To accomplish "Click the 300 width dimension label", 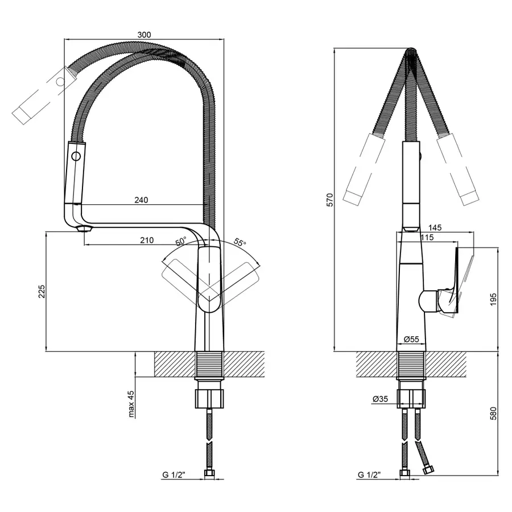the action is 144,35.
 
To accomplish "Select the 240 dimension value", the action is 141,200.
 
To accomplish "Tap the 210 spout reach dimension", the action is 147,240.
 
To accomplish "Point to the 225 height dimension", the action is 42,292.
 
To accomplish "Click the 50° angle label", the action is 180,242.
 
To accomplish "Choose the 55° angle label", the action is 240,242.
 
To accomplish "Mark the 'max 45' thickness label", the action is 131,404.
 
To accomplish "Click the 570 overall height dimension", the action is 330,200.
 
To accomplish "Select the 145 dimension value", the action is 435,227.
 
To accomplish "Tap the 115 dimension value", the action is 427,237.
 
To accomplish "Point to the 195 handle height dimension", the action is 493,299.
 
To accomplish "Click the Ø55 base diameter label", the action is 411,339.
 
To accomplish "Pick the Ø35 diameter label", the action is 380,399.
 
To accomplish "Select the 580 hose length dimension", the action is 493,414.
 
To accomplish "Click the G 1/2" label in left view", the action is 174,475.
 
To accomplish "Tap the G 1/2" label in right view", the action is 369,475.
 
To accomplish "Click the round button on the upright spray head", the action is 76,156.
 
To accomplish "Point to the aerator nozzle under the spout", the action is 84,229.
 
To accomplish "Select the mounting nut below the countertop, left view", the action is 209,398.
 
